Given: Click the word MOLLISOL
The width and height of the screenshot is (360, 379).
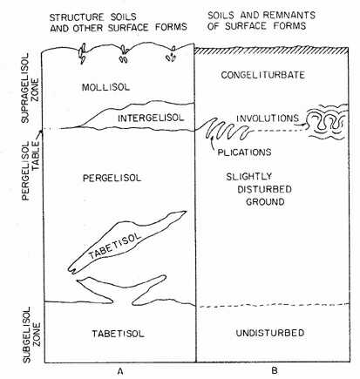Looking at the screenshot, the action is point(105,87).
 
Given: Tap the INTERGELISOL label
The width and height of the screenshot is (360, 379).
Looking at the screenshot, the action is point(151,118).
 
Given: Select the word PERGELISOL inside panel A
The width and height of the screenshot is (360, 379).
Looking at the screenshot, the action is point(112,178).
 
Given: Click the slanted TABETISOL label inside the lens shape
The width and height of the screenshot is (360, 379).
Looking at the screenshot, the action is point(115,246).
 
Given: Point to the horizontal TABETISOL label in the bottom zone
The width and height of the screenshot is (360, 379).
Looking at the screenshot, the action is point(118,334).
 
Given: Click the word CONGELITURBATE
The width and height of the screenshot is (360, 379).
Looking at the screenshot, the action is point(262,75).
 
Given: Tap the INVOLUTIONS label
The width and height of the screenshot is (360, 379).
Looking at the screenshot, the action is point(268,118).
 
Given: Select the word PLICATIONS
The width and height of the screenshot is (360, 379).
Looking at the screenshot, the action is point(244,152).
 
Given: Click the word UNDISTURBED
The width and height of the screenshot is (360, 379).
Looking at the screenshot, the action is point(270,333).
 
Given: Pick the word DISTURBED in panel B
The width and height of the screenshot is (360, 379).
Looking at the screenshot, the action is point(264,189).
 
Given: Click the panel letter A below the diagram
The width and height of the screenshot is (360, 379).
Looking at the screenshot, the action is point(119,371).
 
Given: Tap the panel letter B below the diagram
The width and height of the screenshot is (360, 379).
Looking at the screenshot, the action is point(275,370).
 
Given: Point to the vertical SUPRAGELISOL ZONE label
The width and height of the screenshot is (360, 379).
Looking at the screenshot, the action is point(31,88).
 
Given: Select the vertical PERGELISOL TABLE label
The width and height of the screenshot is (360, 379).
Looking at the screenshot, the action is point(31,171).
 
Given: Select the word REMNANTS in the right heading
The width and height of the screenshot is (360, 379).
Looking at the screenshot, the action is point(291,15).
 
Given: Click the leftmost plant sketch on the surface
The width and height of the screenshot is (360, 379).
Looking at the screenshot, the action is point(83,53).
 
